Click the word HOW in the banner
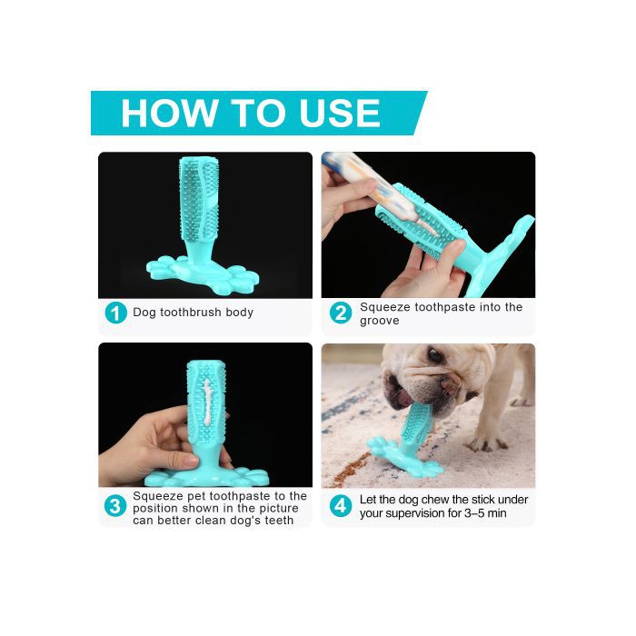coord(169,114)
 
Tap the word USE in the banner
coord(339,114)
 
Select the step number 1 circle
coord(116,313)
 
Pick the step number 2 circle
coord(341,313)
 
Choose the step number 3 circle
coord(115,506)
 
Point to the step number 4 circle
coord(341,506)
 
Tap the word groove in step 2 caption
coord(379,321)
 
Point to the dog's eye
coord(435,355)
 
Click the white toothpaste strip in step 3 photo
coord(208,402)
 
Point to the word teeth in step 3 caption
coord(279,521)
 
